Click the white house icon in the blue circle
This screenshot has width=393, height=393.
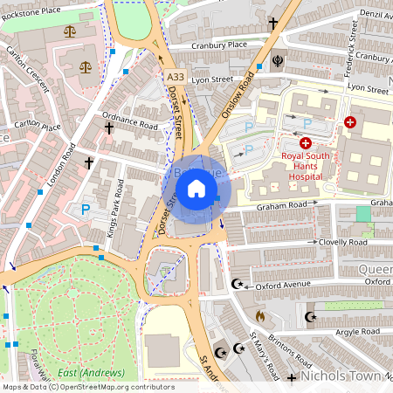pyautogui.click(x=196, y=189)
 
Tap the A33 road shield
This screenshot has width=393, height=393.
pyautogui.click(x=175, y=79)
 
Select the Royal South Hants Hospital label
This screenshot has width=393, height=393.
pyautogui.click(x=301, y=166)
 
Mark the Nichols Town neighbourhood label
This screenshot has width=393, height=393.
pyautogui.click(x=345, y=376)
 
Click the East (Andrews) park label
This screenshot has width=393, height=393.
pyautogui.click(x=91, y=374)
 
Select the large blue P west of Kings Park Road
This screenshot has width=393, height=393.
pyautogui.click(x=86, y=210)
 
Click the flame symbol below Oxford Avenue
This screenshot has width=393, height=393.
pyautogui.click(x=259, y=314)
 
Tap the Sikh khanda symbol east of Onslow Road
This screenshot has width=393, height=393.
pyautogui.click(x=279, y=62)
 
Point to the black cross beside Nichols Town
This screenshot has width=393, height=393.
pyautogui.click(x=292, y=377)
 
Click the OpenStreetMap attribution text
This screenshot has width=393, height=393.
pyautogui.click(x=87, y=387)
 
